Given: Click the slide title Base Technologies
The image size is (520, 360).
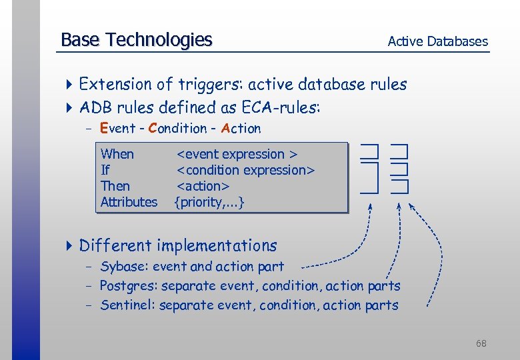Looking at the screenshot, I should (136, 40).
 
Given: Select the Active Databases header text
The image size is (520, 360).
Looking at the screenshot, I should (437, 41).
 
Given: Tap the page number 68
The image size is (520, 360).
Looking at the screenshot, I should (481, 343).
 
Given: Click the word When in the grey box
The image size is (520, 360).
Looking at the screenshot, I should (117, 154).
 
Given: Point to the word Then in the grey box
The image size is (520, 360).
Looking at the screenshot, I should (115, 186).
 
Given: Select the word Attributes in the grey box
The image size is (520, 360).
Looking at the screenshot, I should (129, 202).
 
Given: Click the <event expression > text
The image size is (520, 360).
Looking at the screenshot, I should (236, 154).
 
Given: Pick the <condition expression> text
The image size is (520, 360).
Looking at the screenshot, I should (245, 170).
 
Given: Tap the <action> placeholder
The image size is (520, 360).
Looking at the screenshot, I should (203, 186).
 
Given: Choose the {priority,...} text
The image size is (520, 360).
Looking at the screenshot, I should (209, 202).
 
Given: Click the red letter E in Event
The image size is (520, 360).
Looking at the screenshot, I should (104, 128).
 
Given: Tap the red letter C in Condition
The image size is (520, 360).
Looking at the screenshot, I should (153, 128).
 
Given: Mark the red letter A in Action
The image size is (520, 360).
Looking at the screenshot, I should (225, 128).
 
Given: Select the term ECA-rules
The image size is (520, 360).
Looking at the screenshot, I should (281, 107).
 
